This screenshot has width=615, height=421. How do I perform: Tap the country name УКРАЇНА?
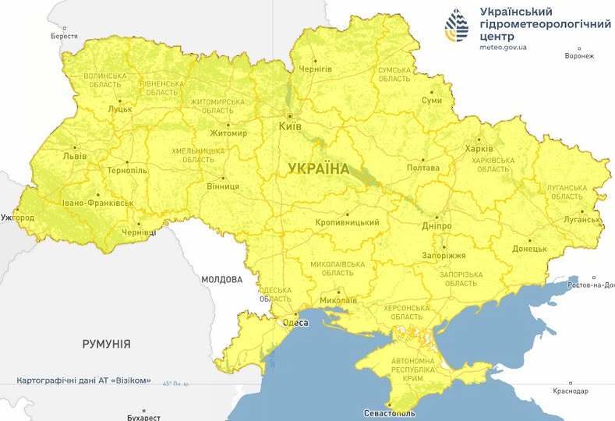(319, 168)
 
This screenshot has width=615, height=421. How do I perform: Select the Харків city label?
(478, 149)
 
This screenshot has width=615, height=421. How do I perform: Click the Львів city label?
(76, 156)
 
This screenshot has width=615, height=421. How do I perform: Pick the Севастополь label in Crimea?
(390, 412)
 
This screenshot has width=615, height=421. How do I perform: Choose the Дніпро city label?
(436, 226)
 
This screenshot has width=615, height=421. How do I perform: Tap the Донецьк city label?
(529, 249)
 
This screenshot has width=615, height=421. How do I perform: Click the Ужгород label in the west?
(17, 217)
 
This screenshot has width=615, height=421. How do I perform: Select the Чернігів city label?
(316, 69)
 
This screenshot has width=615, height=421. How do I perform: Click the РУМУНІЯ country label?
(106, 343)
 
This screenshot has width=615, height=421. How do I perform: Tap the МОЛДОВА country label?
(221, 279)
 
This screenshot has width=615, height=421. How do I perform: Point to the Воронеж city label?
(579, 56)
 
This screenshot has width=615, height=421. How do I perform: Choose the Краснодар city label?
(571, 391)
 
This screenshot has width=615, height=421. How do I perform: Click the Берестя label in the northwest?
(64, 37)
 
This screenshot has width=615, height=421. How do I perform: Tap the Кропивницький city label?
(348, 223)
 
